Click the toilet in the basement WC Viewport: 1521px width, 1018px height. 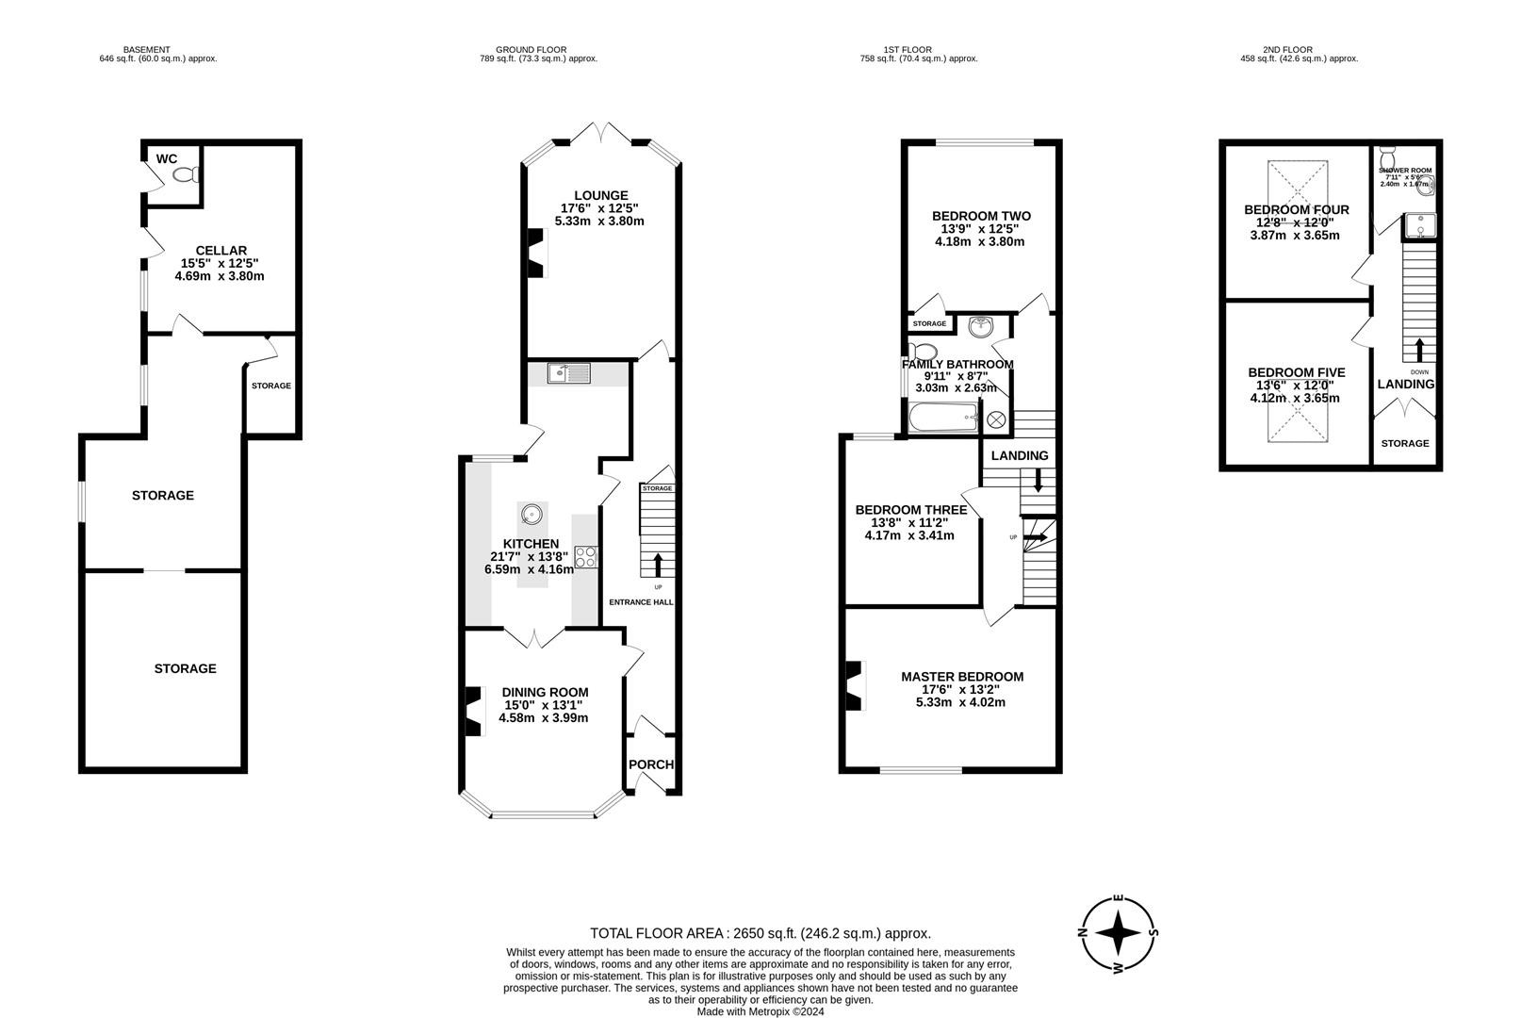[x=186, y=174]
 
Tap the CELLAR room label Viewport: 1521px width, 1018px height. [x=219, y=251]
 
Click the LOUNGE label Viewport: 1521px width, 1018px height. [x=601, y=196]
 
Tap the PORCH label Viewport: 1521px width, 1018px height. [x=652, y=764]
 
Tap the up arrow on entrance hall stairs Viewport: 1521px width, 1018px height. [x=658, y=565]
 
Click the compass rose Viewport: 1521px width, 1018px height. [x=1120, y=934]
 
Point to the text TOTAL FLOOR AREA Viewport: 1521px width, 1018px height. [x=657, y=933]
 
